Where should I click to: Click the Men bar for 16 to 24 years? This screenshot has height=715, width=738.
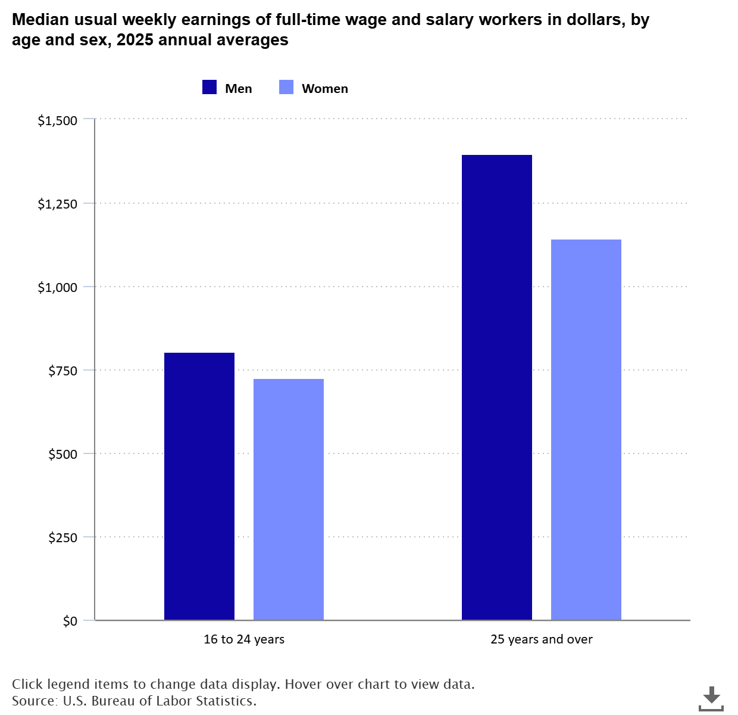click(199, 486)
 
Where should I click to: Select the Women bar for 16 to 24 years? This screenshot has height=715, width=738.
click(289, 499)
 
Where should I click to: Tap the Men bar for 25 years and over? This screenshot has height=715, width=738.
click(497, 387)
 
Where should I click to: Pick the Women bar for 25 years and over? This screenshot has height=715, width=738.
click(586, 430)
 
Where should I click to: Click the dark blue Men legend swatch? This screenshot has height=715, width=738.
click(209, 88)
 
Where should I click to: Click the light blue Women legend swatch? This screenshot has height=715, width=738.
click(286, 88)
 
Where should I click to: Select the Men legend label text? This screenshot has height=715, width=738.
click(239, 89)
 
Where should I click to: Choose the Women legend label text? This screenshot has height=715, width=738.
click(325, 89)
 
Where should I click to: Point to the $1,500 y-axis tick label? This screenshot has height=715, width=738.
click(58, 121)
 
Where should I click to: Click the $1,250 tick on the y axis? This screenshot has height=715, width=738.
click(58, 204)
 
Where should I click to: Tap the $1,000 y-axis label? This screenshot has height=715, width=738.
click(58, 288)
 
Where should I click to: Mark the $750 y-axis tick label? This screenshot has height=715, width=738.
click(63, 371)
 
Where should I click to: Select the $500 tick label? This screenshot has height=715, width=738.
click(63, 455)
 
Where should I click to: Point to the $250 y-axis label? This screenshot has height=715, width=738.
click(63, 538)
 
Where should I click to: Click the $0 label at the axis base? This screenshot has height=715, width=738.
click(70, 621)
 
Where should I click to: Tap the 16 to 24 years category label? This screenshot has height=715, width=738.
click(244, 639)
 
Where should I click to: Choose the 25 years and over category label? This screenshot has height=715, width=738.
click(542, 639)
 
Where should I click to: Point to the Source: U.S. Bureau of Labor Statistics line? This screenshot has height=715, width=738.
click(135, 701)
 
